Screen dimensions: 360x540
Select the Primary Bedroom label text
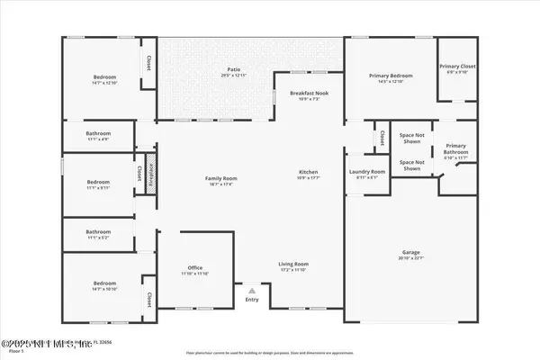390,77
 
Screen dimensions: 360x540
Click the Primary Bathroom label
456,148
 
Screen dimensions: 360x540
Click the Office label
195,267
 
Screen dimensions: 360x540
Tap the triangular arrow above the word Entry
253,291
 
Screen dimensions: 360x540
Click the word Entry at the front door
253,301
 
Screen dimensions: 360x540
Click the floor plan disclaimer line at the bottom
270,352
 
